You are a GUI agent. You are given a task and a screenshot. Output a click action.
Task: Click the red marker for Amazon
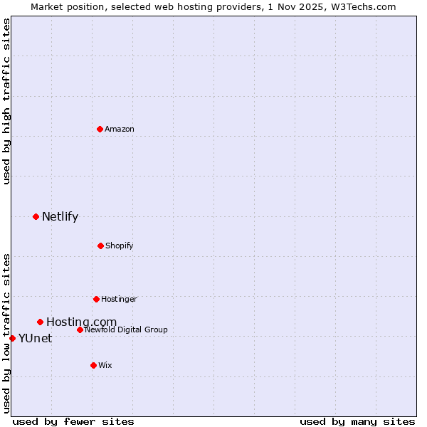coord(100,129)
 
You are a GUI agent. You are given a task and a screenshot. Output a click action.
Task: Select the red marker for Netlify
coord(36,216)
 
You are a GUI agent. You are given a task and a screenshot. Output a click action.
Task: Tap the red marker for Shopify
coord(100,246)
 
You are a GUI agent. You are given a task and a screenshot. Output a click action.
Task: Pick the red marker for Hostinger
coord(96,299)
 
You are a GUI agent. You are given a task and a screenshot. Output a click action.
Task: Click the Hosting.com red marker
coord(40,322)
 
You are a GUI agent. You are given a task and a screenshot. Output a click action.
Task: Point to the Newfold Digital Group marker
coord(80,330)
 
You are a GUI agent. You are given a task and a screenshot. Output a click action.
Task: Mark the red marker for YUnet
coord(12,338)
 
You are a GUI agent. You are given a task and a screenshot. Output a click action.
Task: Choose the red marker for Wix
coord(93,365)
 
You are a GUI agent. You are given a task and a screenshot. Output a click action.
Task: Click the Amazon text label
coord(120,129)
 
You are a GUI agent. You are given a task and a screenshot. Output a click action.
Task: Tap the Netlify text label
coord(60,217)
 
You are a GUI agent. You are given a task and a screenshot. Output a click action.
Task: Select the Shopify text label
coord(120,246)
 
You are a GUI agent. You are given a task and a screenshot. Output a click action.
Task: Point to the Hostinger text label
coord(119,299)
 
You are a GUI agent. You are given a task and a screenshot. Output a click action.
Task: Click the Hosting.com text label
coord(81,322)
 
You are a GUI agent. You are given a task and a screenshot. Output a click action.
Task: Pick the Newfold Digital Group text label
coord(126,330)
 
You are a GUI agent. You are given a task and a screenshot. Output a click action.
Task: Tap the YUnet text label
coord(35,339)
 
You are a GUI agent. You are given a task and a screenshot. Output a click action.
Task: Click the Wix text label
coord(105,365)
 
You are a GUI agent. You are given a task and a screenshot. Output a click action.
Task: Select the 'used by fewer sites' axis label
coord(73,421)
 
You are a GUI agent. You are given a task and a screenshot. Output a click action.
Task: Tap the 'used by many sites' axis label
coord(357,421)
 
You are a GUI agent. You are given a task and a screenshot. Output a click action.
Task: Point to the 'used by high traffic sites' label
coord(6,101)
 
